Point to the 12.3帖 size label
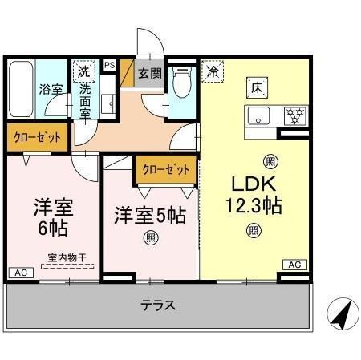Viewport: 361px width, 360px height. tap(253, 205)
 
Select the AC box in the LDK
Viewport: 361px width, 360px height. tap(293, 265)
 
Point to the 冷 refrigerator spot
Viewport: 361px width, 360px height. tap(213, 71)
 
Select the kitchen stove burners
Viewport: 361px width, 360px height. tap(295, 115)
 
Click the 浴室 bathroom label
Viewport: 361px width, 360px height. tap(51, 89)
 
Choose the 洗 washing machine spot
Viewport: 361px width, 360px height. tap(83, 71)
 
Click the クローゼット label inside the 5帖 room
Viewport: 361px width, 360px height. tap(165, 169)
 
